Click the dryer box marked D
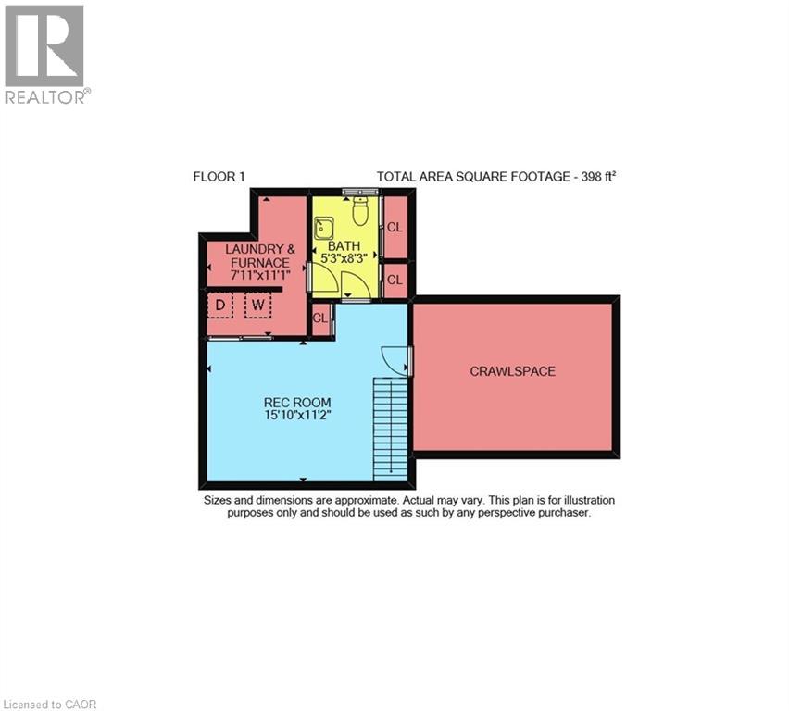pos(220,305)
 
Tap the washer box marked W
pos(257,305)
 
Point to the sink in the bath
pos(324,227)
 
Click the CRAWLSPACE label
pos(512,371)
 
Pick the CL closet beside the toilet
pos(394,227)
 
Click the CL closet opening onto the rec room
pos(320,318)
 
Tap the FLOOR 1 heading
pos(219,176)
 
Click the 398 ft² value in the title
pos(594,176)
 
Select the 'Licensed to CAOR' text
pos(50,705)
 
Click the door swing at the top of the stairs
pos(393,359)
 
